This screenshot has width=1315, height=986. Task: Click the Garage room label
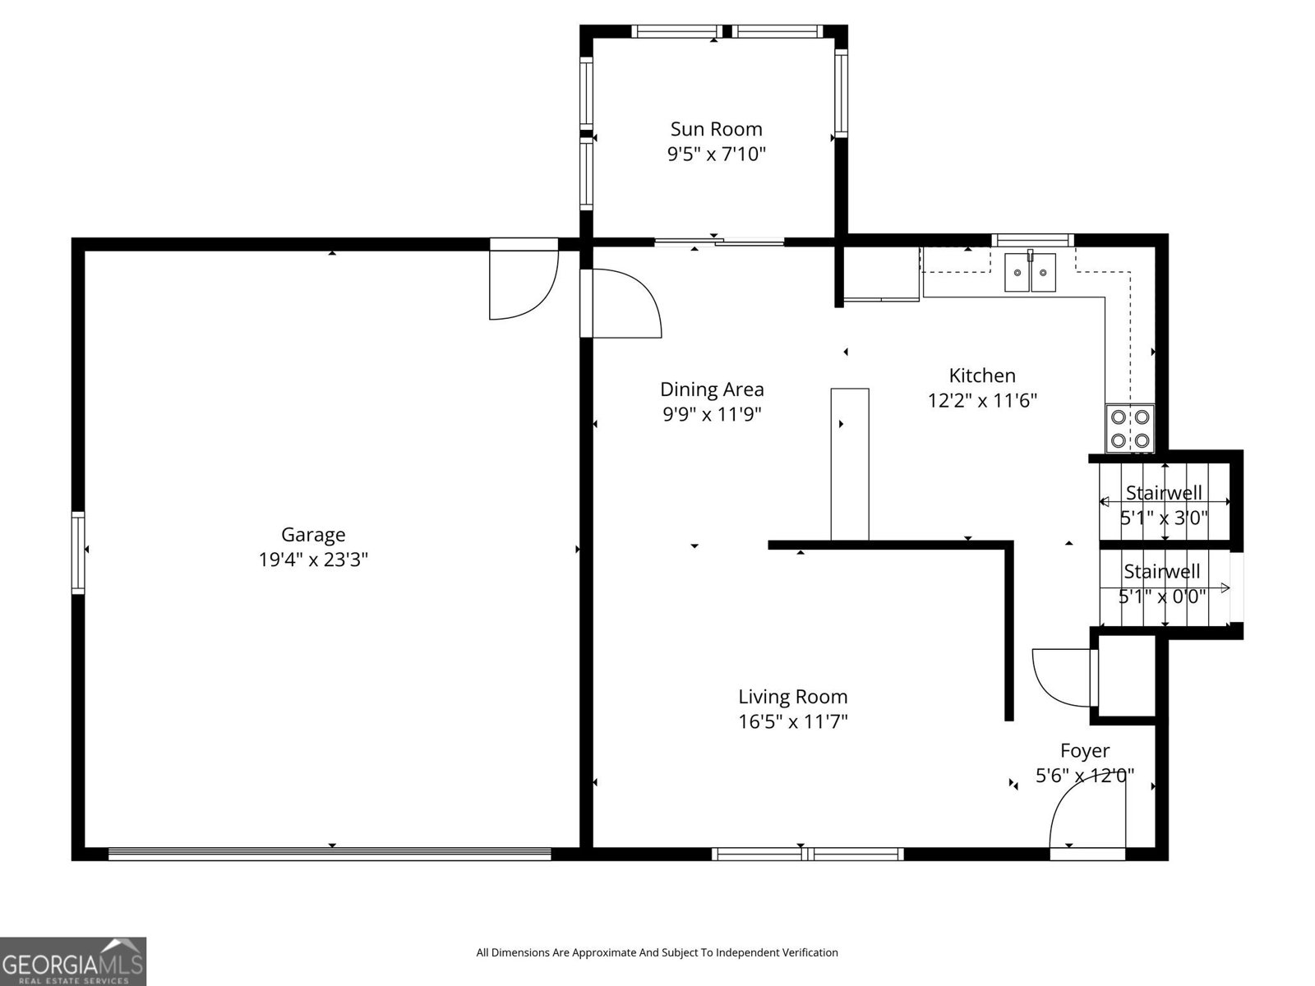pos(312,535)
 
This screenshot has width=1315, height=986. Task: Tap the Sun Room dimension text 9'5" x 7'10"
pos(716,154)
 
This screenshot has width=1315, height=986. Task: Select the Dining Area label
pos(712,389)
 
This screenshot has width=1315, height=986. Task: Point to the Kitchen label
pos(982,376)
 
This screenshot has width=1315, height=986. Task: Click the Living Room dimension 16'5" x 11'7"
pos(792,721)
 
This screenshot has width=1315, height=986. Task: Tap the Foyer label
pos(1084,750)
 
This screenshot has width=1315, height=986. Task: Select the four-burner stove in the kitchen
pos(1129,428)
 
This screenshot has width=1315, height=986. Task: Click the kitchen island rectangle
pos(850,464)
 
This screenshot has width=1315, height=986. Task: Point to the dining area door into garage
pos(625,304)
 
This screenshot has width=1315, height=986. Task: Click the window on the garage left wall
pos(78,551)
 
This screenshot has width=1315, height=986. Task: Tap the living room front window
pos(807,855)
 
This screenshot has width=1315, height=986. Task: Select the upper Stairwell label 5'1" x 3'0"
pos(1164,505)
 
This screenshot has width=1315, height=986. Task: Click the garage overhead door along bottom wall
pos(329,855)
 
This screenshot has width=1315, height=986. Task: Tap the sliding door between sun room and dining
pos(719,242)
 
